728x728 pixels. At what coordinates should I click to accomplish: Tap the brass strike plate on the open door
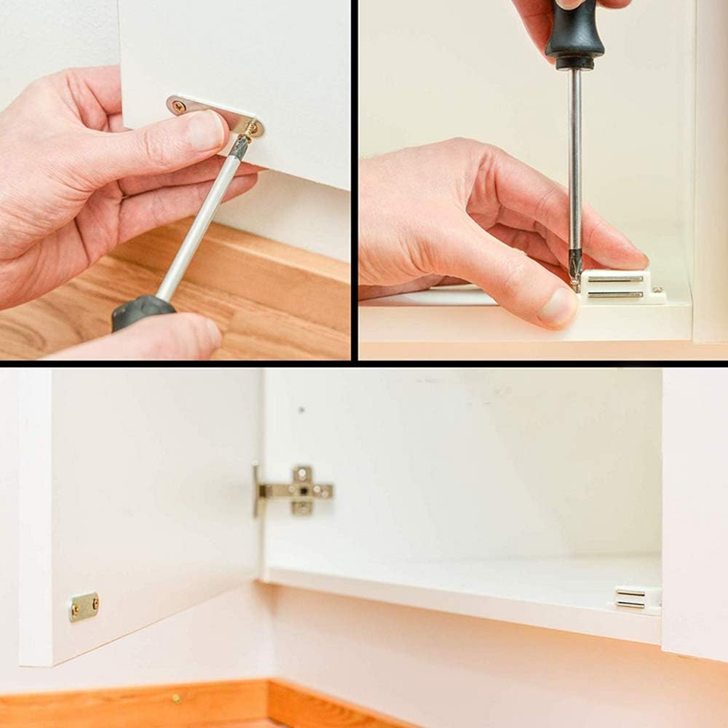[x=84, y=606]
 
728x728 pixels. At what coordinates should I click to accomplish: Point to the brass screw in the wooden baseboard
[x=175, y=699]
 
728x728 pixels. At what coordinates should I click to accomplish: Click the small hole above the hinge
[x=301, y=410]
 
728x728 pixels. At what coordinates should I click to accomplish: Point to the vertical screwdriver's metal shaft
[x=575, y=160]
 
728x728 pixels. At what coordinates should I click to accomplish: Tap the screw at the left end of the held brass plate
[x=178, y=106]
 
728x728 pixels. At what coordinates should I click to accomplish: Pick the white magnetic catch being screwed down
[x=619, y=286]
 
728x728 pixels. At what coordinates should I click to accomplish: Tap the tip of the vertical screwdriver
[x=576, y=280]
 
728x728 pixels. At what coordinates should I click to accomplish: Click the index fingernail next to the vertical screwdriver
[x=628, y=256]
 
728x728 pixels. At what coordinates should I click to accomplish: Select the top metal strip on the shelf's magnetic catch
[x=630, y=593]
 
